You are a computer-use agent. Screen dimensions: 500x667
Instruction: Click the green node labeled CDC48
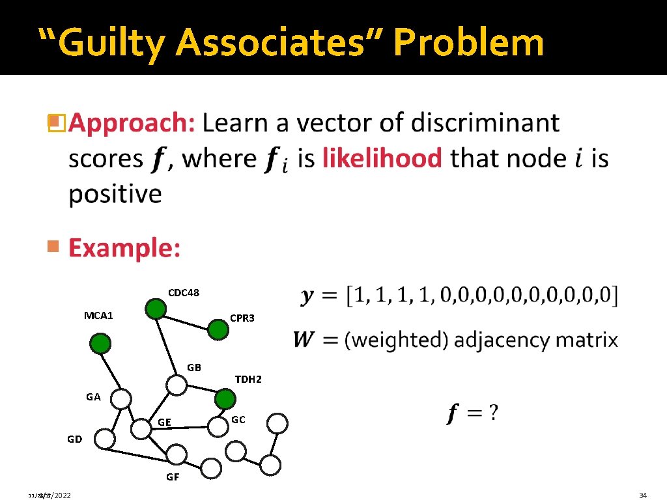155,310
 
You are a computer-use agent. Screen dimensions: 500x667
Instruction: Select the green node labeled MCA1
100,344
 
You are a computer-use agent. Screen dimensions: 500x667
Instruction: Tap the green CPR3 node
218,330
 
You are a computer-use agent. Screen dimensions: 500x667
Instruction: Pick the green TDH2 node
225,398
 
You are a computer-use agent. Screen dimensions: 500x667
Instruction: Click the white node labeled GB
176,385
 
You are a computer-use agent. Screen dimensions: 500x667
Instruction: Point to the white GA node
121,398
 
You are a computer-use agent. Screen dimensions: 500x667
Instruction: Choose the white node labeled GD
104,439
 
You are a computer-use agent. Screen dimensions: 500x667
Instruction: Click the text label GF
173,477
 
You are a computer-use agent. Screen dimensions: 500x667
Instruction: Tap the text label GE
164,423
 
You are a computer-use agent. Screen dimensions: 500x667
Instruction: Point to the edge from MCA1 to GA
110,370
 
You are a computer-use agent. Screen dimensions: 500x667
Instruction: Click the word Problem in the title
468,42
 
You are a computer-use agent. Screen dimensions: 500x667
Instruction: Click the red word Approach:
132,123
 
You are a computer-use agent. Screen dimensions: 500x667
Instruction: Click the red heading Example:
124,248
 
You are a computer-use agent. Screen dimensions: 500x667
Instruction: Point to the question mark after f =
494,413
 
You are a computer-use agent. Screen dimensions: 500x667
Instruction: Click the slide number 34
643,496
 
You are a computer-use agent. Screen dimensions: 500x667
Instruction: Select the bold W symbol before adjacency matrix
303,340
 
